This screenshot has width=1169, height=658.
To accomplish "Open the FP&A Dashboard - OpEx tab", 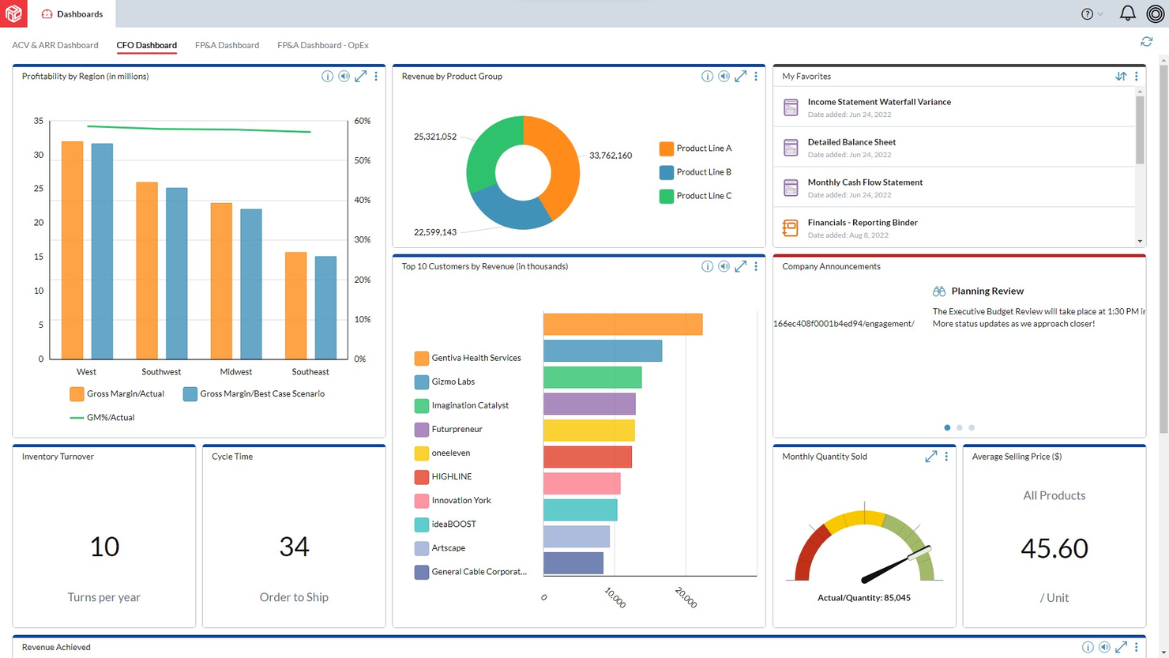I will [x=322, y=45].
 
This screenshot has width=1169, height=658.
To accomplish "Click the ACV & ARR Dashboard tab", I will [x=55, y=45].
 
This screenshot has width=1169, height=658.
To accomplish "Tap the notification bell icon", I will [x=1127, y=13].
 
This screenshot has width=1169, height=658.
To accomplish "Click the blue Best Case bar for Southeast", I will [x=325, y=307].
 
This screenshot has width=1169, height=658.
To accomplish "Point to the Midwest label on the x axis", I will [x=235, y=371].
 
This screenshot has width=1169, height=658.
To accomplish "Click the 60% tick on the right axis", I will [x=362, y=121].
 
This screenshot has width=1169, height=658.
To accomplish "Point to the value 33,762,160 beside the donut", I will [x=610, y=156].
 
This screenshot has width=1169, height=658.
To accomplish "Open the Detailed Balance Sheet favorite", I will [x=851, y=142].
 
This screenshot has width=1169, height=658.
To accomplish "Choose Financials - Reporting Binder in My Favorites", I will [x=862, y=223].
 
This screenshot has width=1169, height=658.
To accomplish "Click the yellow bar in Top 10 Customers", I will [x=588, y=431].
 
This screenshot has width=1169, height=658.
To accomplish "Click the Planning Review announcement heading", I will [x=987, y=291].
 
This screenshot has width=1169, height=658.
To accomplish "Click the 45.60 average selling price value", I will [x=1054, y=547].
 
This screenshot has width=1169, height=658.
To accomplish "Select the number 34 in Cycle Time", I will [x=294, y=546].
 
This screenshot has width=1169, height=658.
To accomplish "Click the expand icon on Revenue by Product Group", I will [x=740, y=77].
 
